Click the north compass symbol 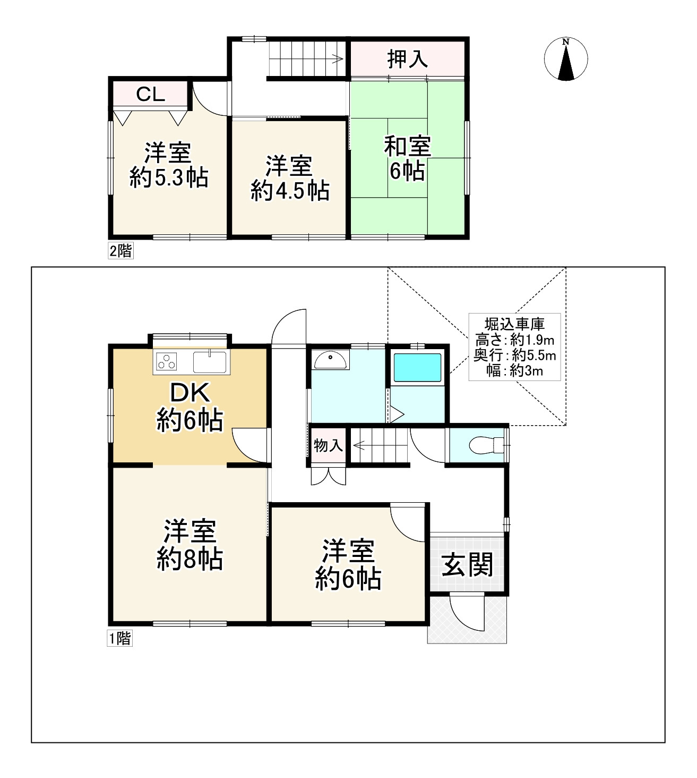point(566,59)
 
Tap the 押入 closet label point(407,59)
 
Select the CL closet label point(150,94)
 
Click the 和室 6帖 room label point(407,158)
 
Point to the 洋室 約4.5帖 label point(290,178)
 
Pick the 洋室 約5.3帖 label point(169,165)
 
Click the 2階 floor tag point(121,251)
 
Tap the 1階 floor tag point(119,639)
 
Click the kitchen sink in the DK point(210,362)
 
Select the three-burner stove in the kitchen point(167,361)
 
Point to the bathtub point(417,368)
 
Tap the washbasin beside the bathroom point(330,360)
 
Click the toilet point(486,445)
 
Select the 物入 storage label point(328,446)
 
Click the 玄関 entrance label point(467,565)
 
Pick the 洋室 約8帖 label point(190,545)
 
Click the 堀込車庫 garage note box point(514,347)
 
